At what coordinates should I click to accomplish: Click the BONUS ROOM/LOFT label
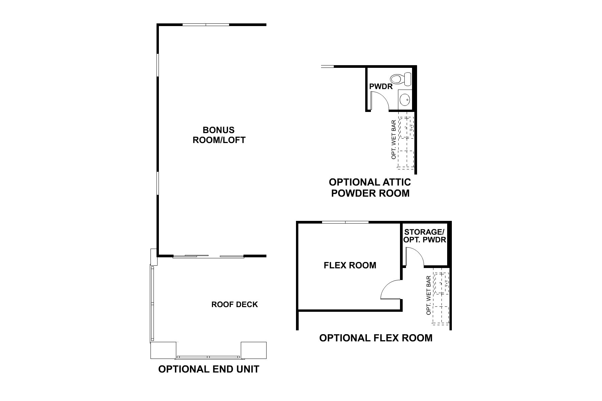(x=219, y=135)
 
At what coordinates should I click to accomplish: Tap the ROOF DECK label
(x=234, y=304)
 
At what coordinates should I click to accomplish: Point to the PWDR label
(x=381, y=87)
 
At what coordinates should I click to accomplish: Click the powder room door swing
(x=380, y=101)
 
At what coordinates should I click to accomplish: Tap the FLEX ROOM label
(x=350, y=265)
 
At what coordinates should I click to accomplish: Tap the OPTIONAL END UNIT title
(x=208, y=369)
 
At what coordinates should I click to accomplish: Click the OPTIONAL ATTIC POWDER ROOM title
(x=370, y=187)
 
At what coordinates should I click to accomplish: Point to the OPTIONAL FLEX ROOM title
(x=376, y=338)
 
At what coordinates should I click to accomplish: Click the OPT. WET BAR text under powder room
(x=394, y=139)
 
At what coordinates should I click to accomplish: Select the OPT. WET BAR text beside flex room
(x=428, y=295)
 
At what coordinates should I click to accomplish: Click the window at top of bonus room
(x=206, y=25)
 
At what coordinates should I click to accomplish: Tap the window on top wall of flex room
(x=345, y=222)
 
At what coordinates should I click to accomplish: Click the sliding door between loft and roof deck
(x=208, y=256)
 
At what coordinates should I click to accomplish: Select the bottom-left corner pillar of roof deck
(x=163, y=350)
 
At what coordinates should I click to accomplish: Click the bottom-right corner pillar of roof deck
(x=254, y=350)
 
